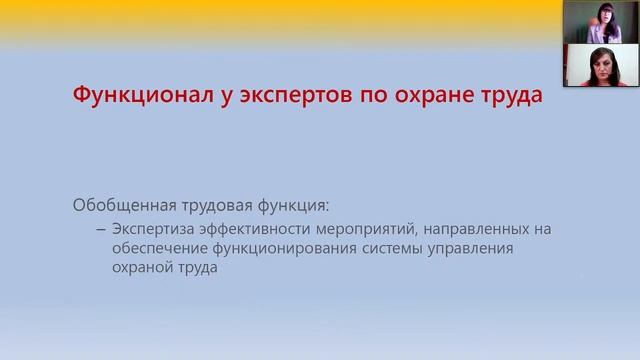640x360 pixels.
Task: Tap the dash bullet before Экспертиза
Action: click(x=101, y=229)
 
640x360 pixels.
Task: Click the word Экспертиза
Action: click(x=153, y=229)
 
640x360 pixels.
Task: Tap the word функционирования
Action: click(x=284, y=249)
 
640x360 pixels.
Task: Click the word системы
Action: click(x=394, y=249)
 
